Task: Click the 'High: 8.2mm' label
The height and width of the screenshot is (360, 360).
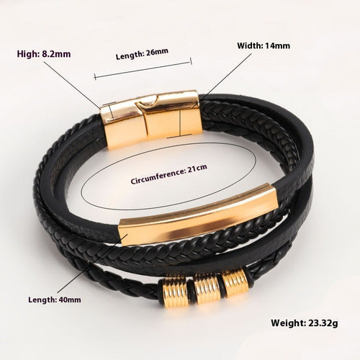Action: click(x=44, y=54)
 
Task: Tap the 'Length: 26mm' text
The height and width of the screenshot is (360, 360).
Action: click(x=142, y=54)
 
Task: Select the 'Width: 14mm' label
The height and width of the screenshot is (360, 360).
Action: click(x=264, y=45)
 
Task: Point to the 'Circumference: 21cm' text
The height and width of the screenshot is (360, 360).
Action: click(x=169, y=174)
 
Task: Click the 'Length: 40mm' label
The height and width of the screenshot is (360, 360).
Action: click(x=55, y=300)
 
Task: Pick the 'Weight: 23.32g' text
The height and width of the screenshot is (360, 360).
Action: click(x=305, y=323)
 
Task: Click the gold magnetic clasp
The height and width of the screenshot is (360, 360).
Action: click(x=152, y=119)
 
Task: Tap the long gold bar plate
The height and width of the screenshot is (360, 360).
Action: click(x=198, y=215)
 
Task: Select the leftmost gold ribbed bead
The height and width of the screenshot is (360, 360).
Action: click(x=175, y=291)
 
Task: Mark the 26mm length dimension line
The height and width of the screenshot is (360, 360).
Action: click(x=143, y=70)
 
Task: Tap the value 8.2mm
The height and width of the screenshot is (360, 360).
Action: click(x=56, y=54)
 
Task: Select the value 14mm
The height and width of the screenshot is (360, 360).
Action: click(x=276, y=45)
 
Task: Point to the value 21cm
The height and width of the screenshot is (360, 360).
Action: click(x=197, y=168)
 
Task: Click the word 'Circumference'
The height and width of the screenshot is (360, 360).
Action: click(x=158, y=176)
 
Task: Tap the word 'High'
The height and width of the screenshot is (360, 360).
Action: click(x=27, y=54)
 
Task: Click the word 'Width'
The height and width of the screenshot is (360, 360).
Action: click(x=249, y=45)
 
